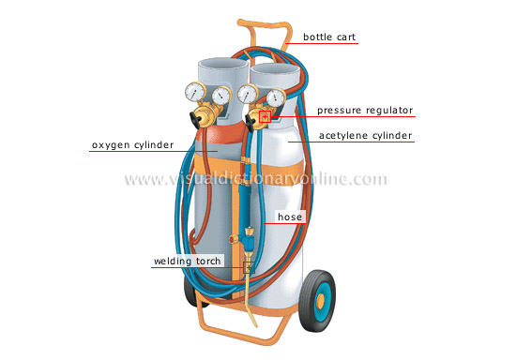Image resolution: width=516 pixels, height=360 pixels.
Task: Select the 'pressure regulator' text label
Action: click(363, 111)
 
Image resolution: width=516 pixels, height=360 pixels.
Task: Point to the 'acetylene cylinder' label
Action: click(364, 136)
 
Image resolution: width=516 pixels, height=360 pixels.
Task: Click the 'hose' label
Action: click(285, 217)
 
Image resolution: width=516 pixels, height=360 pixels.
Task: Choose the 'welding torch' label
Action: click(187, 261)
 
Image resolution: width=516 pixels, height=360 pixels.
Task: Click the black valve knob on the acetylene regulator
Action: click(253, 121)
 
